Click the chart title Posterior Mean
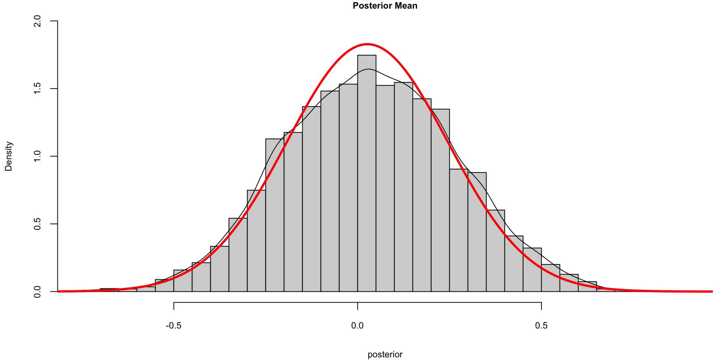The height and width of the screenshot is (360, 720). (x=385, y=6)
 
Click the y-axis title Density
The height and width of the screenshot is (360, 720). (x=8, y=156)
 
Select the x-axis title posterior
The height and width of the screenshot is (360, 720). (x=385, y=354)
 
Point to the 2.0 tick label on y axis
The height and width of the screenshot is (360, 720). (x=37, y=21)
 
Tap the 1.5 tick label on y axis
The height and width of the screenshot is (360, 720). (x=37, y=88)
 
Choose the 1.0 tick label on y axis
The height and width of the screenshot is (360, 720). (x=37, y=156)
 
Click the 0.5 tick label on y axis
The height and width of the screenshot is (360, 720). (x=37, y=224)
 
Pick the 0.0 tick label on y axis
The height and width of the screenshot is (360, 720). (x=37, y=291)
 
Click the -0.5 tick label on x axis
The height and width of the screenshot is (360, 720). (x=174, y=325)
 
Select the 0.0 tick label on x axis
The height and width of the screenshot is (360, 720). (x=357, y=325)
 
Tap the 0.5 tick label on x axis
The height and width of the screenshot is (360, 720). (x=541, y=325)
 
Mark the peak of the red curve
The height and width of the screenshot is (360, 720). (x=367, y=44)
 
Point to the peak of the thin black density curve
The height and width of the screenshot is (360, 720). (x=368, y=69)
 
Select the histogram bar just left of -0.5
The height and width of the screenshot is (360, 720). (x=165, y=285)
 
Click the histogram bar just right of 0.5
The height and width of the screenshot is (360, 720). (x=550, y=278)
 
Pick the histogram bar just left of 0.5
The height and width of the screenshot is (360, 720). (x=532, y=270)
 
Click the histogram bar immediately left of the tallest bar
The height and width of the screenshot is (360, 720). (x=348, y=187)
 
